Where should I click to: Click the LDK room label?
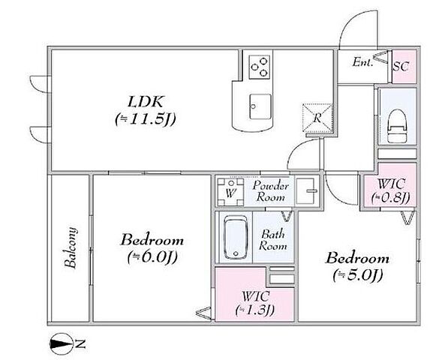pos(146,110)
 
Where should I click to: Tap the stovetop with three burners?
pos(259,67)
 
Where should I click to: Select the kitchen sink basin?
pos(260,106)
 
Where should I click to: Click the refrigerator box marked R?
pos(317,118)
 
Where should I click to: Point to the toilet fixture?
pos(397,125)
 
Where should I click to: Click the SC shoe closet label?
pos(401,66)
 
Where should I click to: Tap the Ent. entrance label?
pos(363,61)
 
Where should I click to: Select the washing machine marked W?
pos(230,192)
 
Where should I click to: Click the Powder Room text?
pos(271,190)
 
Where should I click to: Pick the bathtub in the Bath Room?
pos(236,238)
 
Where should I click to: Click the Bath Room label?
pos(273,240)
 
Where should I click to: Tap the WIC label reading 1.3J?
pos(255,303)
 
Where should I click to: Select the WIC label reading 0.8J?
pos(391,190)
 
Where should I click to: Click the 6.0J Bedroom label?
pos(152,248)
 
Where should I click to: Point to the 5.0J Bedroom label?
pos(358,266)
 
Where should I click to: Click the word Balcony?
pos(70,247)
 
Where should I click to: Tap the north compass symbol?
pos(61,344)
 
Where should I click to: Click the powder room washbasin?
pos(306,191)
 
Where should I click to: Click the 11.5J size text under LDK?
pos(146,119)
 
